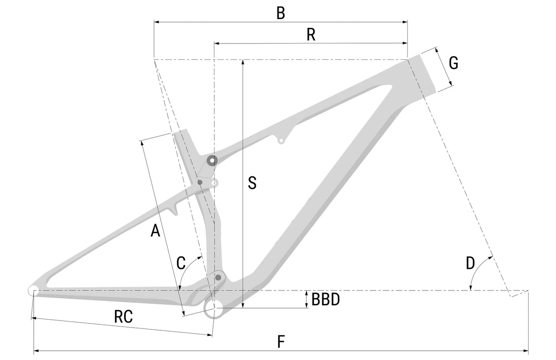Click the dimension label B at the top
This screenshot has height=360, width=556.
[x=281, y=13]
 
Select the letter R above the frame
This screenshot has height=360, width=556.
[x=311, y=35]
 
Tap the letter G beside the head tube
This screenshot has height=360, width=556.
[x=454, y=63]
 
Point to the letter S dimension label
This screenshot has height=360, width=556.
[x=252, y=183]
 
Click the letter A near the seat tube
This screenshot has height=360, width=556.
[x=155, y=230]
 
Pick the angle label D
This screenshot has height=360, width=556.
[x=470, y=263]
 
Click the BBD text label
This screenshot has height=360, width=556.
[x=325, y=299]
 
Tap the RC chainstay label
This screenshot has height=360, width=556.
[x=123, y=317]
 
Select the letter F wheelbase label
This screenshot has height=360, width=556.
[x=281, y=341]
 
